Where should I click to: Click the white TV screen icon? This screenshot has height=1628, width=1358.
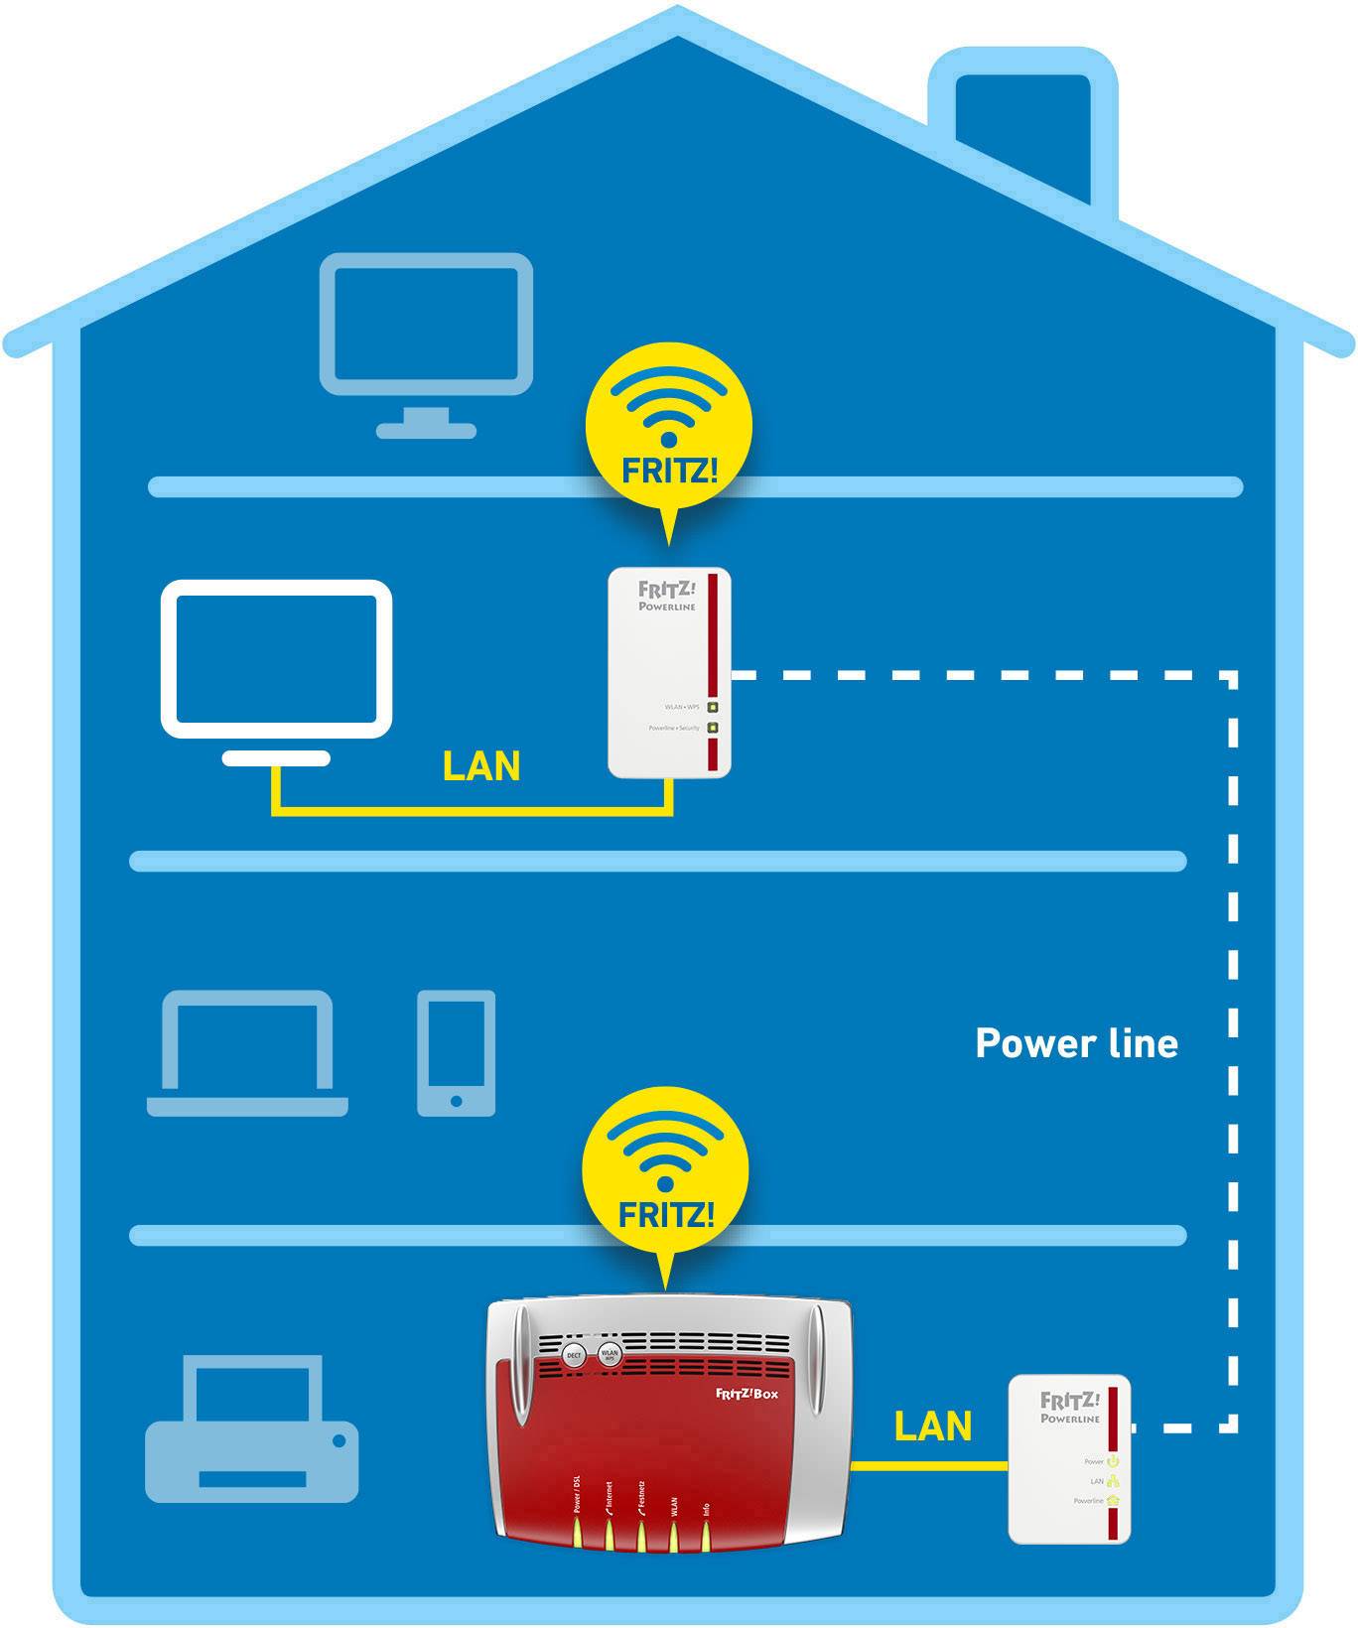coord(277,659)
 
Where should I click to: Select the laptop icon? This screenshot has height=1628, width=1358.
coord(247,1052)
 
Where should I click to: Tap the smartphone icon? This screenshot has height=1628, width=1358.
coord(456,1052)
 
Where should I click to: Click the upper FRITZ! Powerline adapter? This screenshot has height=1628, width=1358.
coord(669,672)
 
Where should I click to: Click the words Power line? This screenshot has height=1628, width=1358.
coord(1076,1043)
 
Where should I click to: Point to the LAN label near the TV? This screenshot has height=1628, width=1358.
coord(481,766)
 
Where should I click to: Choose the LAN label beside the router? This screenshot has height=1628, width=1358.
coord(932,1426)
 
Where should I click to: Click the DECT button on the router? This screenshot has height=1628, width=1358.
coord(574,1355)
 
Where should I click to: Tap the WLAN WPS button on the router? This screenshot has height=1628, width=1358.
coord(610,1354)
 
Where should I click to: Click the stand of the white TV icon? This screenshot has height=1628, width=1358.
coord(276,758)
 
